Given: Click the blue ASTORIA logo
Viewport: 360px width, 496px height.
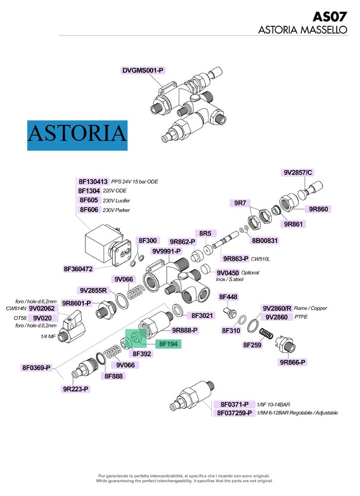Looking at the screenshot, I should pyautogui.click(x=77, y=135).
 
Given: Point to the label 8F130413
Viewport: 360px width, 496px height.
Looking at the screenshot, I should pyautogui.click(x=93, y=181).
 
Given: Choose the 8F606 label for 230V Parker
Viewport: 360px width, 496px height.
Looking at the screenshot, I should pyautogui.click(x=88, y=210).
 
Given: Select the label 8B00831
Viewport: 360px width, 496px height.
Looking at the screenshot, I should pyautogui.click(x=264, y=240).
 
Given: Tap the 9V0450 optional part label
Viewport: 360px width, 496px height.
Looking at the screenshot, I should pyautogui.click(x=227, y=272).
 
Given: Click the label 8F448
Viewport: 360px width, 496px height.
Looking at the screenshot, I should pyautogui.click(x=228, y=297).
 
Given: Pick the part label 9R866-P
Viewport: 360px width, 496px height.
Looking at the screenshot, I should pyautogui.click(x=293, y=362).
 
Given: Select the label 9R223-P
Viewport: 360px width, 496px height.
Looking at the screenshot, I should pyautogui.click(x=76, y=389).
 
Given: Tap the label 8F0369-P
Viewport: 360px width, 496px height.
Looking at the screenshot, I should pyautogui.click(x=36, y=368).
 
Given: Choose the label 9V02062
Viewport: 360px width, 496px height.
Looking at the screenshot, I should pyautogui.click(x=42, y=308).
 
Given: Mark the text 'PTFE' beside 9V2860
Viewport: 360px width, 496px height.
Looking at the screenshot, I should pyautogui.click(x=301, y=317).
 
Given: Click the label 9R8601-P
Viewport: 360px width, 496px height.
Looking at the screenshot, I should pyautogui.click(x=76, y=303).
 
